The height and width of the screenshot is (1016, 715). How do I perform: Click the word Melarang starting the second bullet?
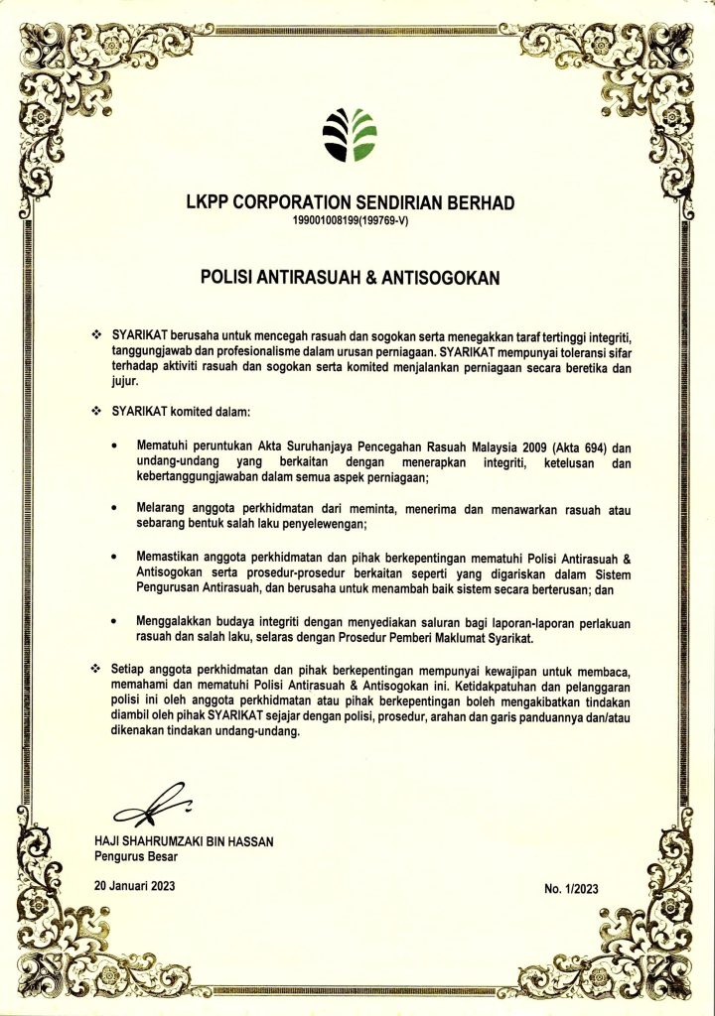pos(161,508)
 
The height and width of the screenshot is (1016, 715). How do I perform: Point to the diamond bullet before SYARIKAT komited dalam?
pos(96,411)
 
